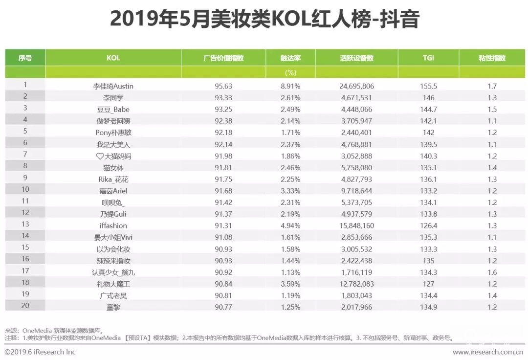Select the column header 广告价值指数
pyautogui.click(x=223, y=58)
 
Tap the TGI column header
pyautogui.click(x=428, y=58)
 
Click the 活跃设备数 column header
pyautogui.click(x=356, y=58)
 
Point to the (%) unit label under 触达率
pyautogui.click(x=290, y=72)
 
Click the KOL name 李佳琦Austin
pyautogui.click(x=113, y=86)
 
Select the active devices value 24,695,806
pyautogui.click(x=356, y=86)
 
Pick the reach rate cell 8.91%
pyautogui.click(x=290, y=86)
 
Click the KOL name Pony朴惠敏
pyautogui.click(x=113, y=133)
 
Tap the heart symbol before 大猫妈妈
pyautogui.click(x=100, y=156)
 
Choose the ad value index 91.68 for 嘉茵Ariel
pyautogui.click(x=223, y=190)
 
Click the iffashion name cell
pyautogui.click(x=113, y=225)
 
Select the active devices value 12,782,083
pyautogui.click(x=356, y=284)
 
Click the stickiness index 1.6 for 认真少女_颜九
pyautogui.click(x=492, y=272)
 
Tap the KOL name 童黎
pyautogui.click(x=113, y=307)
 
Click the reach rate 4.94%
pyautogui.click(x=290, y=225)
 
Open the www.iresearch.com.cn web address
pyautogui.click(x=487, y=352)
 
